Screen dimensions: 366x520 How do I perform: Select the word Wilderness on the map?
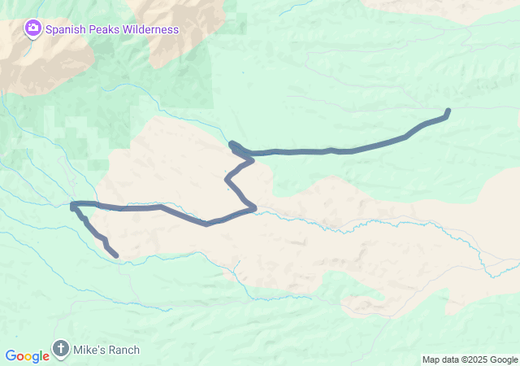(x=150, y=30)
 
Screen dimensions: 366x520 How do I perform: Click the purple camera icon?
(x=32, y=30)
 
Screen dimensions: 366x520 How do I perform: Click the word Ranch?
(x=124, y=351)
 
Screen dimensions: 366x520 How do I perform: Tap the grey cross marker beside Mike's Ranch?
(x=61, y=350)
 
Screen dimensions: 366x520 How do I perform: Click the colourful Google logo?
(x=27, y=356)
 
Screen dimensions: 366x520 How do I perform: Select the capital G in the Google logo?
(x=11, y=356)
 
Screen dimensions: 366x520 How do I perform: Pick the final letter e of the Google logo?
(x=45, y=357)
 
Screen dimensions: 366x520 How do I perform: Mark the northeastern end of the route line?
(x=448, y=111)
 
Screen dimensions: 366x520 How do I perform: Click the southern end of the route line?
(x=115, y=255)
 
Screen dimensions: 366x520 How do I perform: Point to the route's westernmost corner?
(x=73, y=204)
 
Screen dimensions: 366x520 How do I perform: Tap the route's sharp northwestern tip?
(x=232, y=145)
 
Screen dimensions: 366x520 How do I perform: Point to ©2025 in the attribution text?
(x=475, y=359)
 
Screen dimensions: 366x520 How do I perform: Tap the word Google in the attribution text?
(x=503, y=359)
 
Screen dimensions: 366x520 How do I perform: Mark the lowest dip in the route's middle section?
(x=207, y=224)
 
